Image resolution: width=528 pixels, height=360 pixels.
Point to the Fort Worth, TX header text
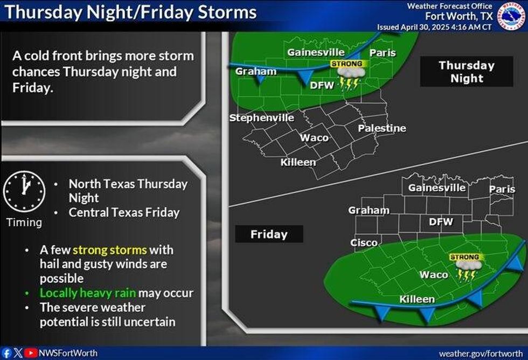click(458, 16)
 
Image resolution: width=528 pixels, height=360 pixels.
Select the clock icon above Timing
click(24, 192)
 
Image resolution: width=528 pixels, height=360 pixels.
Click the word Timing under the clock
click(24, 223)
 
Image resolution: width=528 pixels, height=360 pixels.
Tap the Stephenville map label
click(262, 118)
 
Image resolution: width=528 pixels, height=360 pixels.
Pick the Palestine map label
click(382, 128)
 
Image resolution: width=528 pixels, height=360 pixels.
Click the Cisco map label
click(364, 243)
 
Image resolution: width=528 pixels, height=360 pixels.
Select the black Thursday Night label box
click(466, 72)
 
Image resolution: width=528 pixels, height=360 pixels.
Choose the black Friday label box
click(269, 234)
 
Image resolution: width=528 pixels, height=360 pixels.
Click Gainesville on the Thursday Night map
click(316, 52)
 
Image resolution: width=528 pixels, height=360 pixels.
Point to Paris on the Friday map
click(502, 190)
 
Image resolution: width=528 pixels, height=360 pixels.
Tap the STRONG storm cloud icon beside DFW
click(349, 75)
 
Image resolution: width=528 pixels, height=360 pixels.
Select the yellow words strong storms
click(109, 250)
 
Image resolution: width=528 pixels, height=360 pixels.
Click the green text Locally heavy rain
click(88, 293)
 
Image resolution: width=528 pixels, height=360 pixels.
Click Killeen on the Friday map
click(417, 299)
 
